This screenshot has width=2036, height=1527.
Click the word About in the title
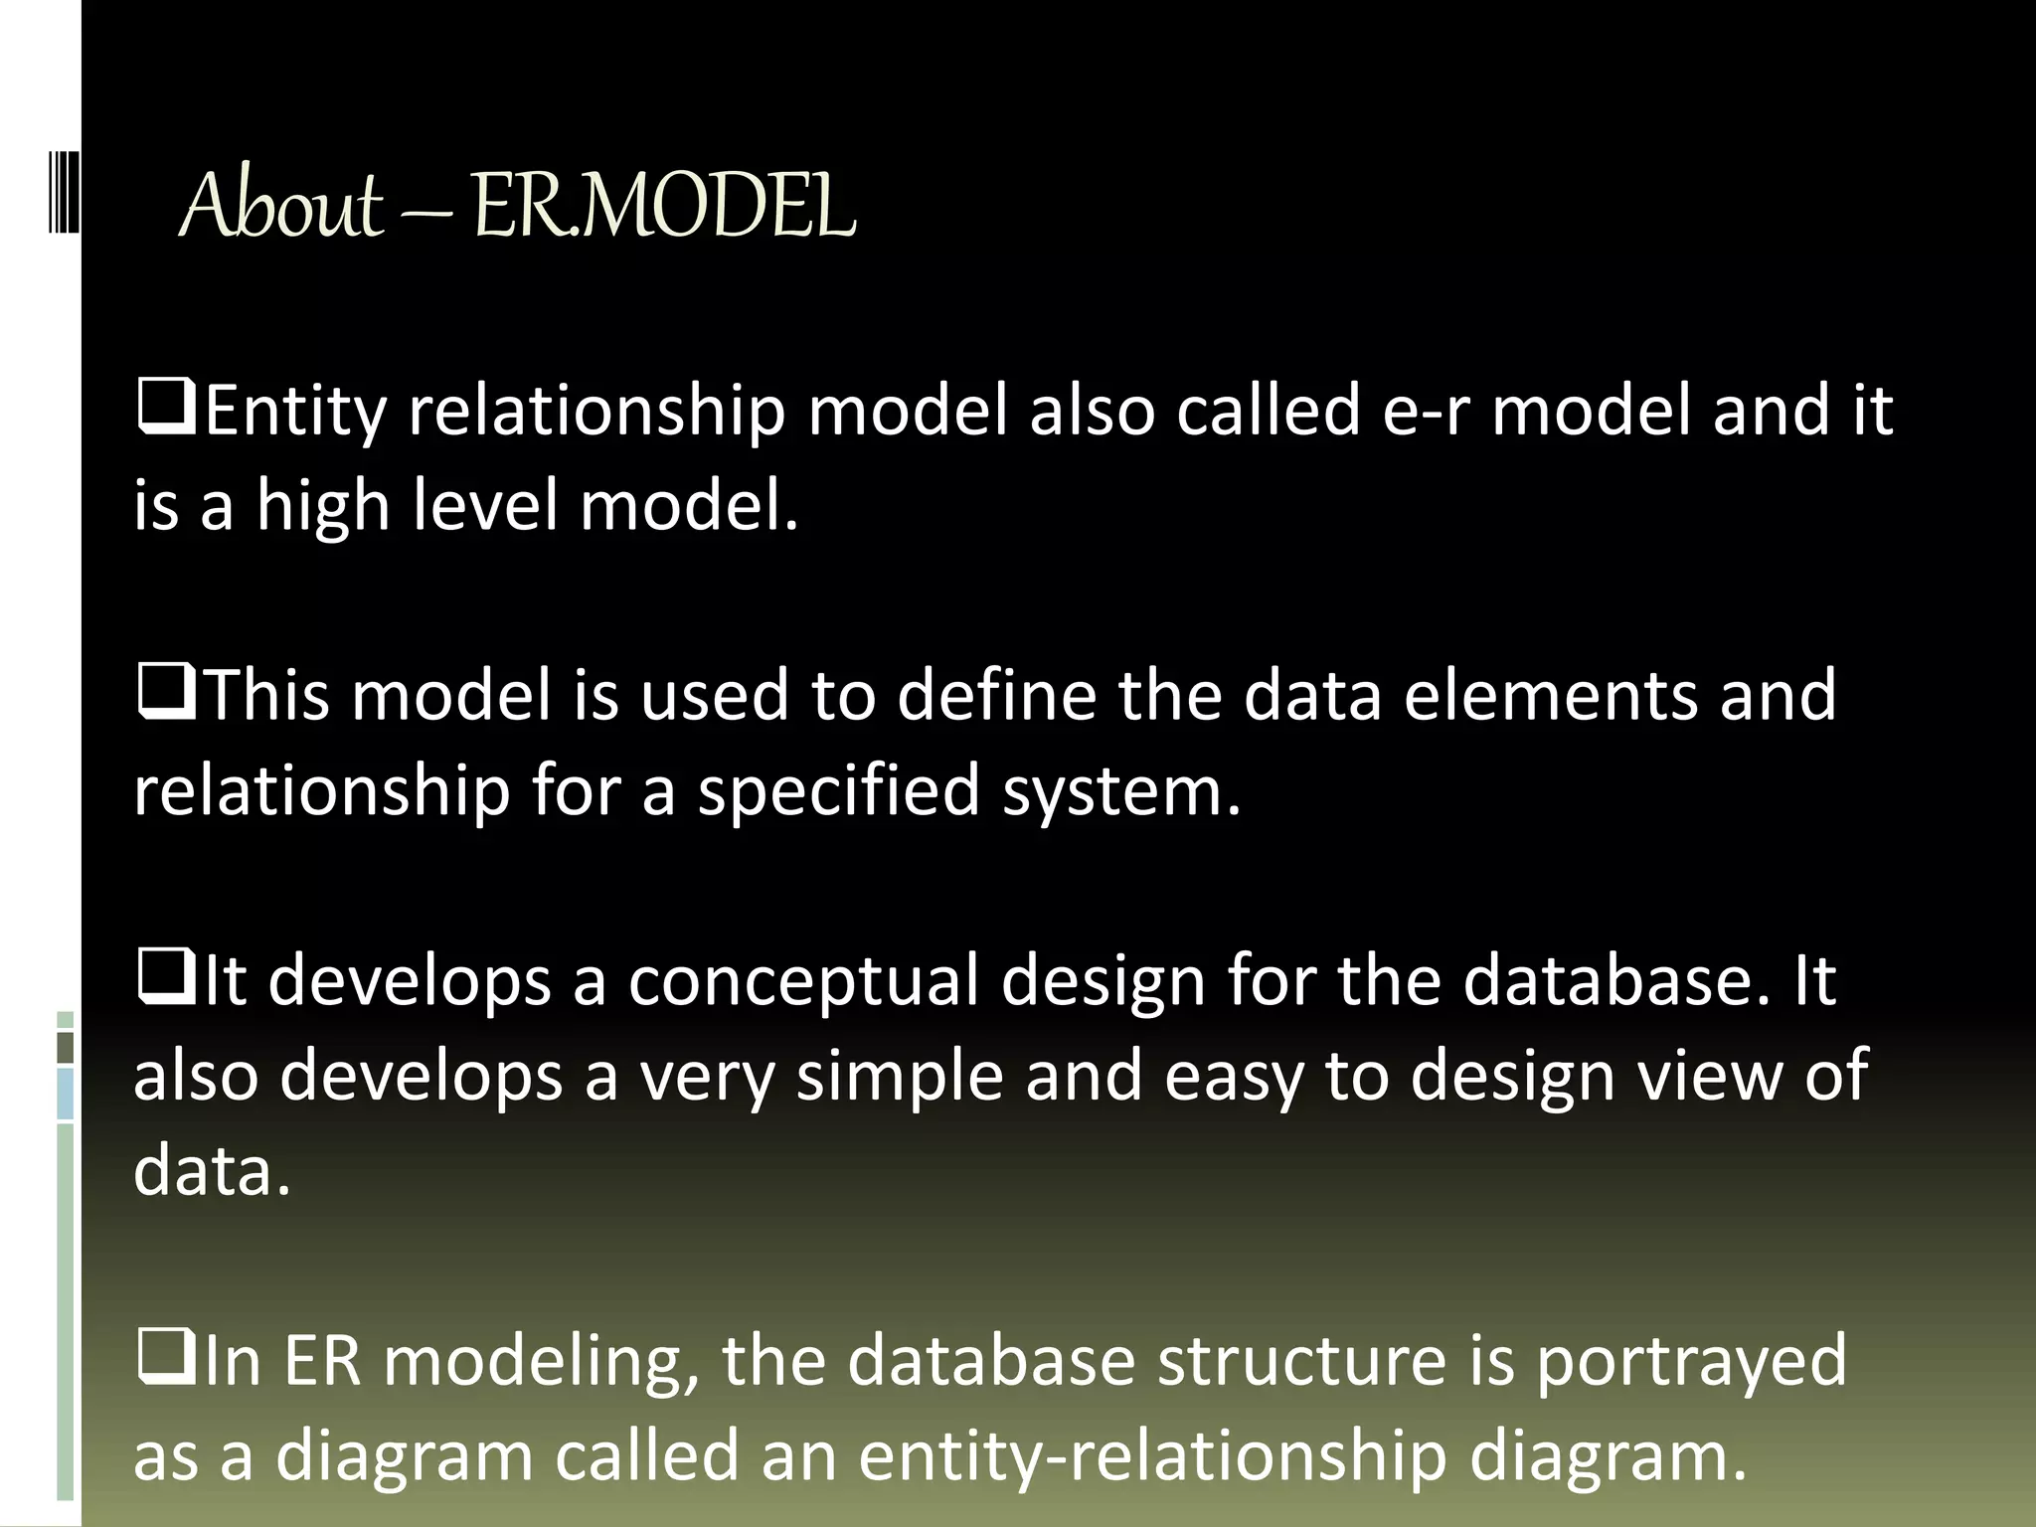pyautogui.click(x=281, y=206)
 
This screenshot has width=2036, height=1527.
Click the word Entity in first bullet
pyautogui.click(x=295, y=411)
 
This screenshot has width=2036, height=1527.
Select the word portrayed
pyautogui.click(x=1691, y=1361)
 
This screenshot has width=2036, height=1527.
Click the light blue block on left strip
pyautogui.click(x=66, y=1094)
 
